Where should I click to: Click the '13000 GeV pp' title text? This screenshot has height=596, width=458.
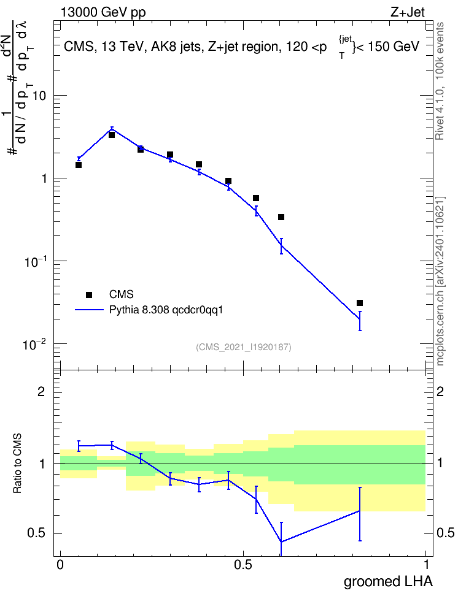click(x=103, y=12)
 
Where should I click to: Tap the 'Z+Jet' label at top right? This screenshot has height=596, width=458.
click(x=408, y=12)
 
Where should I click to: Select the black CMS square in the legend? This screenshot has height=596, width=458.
click(x=89, y=294)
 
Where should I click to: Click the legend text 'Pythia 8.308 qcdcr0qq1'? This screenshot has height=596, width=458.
click(x=166, y=310)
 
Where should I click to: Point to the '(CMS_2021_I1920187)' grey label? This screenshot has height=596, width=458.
click(x=244, y=347)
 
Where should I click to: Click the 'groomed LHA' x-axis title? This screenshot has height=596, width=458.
click(x=389, y=581)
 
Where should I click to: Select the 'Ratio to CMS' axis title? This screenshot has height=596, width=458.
click(x=18, y=464)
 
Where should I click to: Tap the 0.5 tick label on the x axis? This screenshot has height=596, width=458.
click(x=243, y=565)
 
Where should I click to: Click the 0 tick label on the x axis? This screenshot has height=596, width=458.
click(x=60, y=565)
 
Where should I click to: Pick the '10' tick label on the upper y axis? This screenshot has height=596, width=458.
click(x=39, y=96)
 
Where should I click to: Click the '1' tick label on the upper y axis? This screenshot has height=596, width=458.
click(x=44, y=178)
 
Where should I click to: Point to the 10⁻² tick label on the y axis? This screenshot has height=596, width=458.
click(x=34, y=345)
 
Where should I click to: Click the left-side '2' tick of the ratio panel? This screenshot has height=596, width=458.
click(x=42, y=392)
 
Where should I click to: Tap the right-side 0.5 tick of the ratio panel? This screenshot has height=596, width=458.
click(x=446, y=533)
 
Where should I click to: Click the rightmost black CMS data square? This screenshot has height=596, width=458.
click(x=360, y=303)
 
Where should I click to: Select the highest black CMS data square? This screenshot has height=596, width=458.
click(x=112, y=135)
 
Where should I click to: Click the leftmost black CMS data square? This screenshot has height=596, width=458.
click(x=79, y=165)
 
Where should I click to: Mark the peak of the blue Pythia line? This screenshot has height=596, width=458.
click(x=112, y=129)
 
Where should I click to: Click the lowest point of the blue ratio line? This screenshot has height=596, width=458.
click(x=281, y=541)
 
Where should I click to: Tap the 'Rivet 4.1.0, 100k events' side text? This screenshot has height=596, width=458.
click(x=440, y=81)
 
